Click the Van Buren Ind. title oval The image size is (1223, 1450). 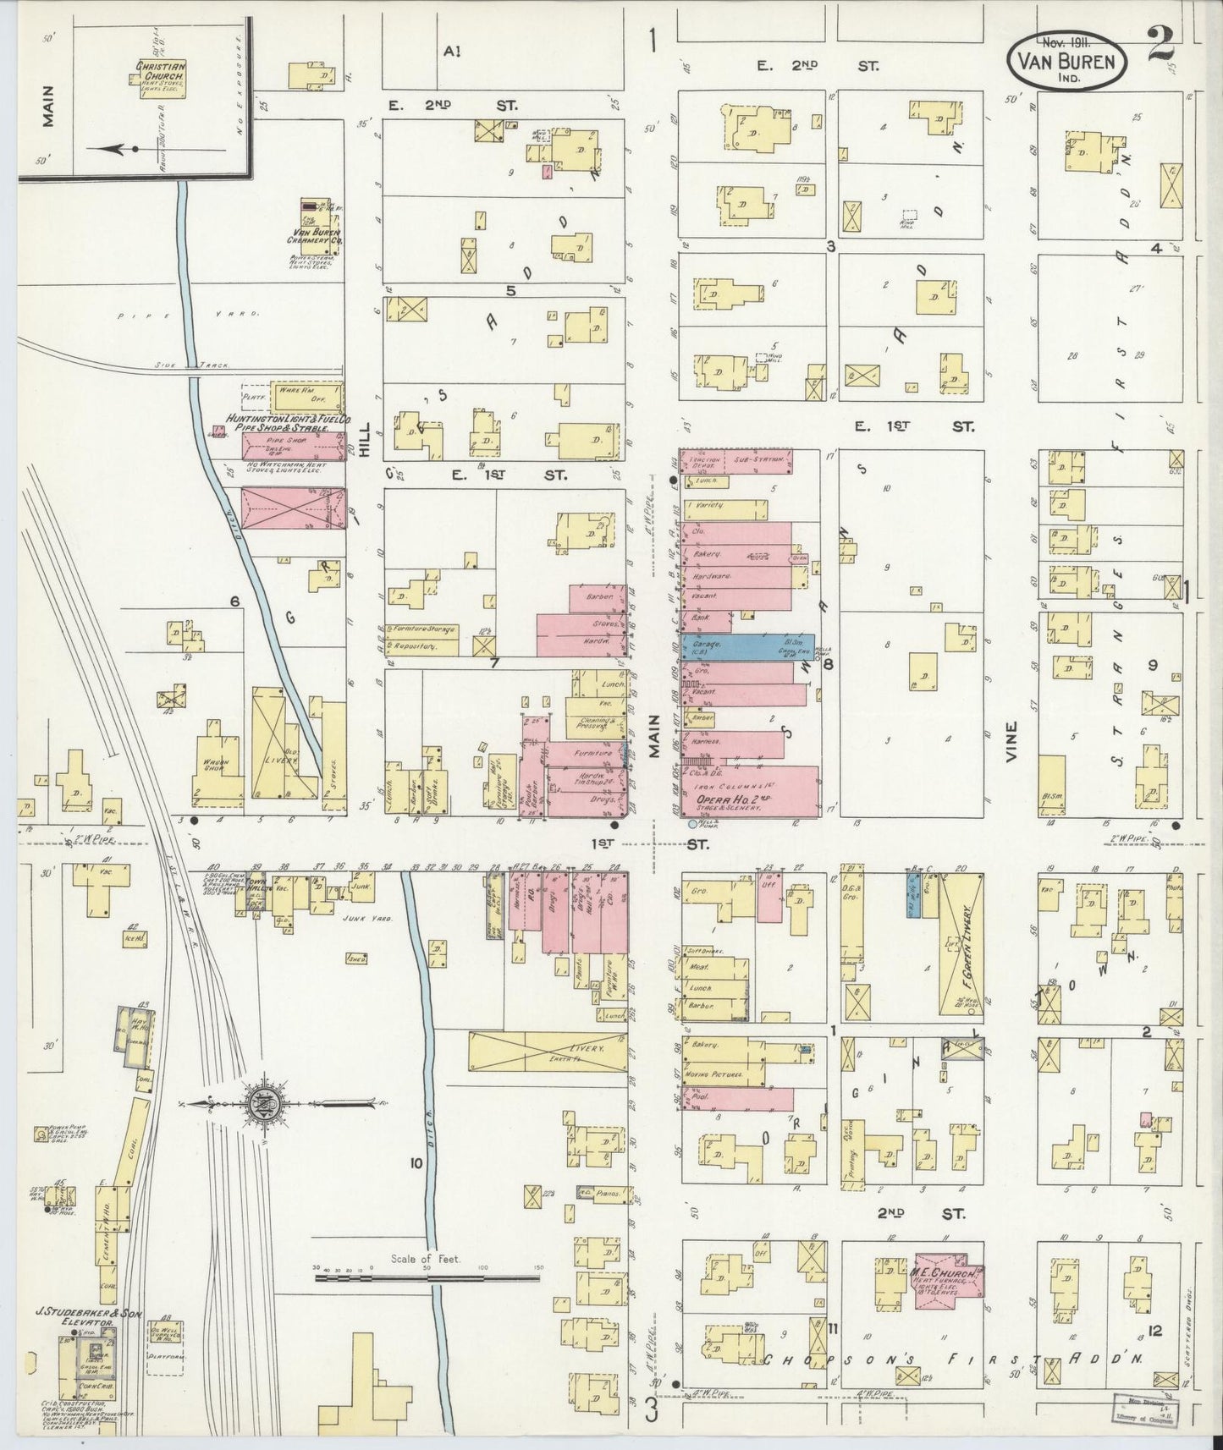point(1067,58)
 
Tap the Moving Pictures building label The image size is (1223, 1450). point(722,1074)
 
